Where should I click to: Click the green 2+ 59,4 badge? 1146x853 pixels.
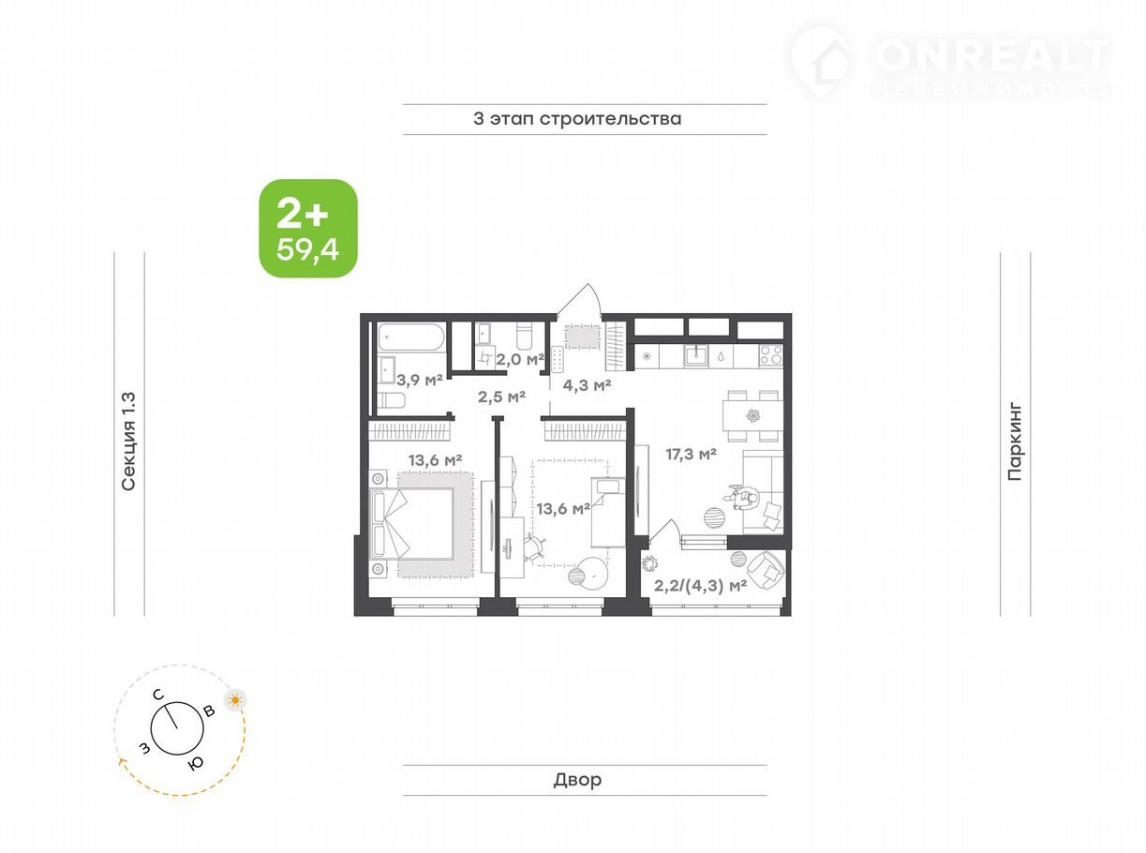pyautogui.click(x=308, y=228)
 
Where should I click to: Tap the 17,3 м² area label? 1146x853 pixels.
pyautogui.click(x=691, y=455)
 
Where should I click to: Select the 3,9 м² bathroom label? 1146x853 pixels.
pyautogui.click(x=420, y=381)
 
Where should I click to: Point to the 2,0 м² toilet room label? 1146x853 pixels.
pyautogui.click(x=520, y=359)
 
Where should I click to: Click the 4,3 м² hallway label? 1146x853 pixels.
pyautogui.click(x=587, y=384)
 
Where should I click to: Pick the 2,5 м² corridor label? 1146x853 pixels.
pyautogui.click(x=501, y=397)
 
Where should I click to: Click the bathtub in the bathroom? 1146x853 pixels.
pyautogui.click(x=411, y=337)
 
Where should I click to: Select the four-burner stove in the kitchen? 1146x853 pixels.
pyautogui.click(x=770, y=355)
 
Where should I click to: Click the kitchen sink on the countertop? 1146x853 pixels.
pyautogui.click(x=696, y=355)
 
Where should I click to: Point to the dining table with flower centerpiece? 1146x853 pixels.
pyautogui.click(x=752, y=415)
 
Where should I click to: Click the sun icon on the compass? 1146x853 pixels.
pyautogui.click(x=235, y=700)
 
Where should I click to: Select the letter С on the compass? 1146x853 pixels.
pyautogui.click(x=158, y=695)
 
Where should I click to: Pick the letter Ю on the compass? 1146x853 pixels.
pyautogui.click(x=195, y=763)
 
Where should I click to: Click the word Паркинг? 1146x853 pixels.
pyautogui.click(x=1015, y=441)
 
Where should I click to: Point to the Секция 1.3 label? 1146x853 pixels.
pyautogui.click(x=128, y=441)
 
